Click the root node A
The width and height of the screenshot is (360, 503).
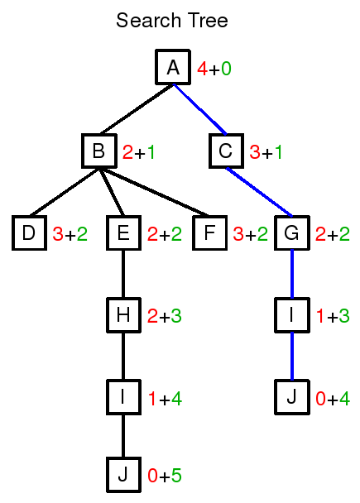tap(173, 67)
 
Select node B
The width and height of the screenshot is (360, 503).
tap(99, 151)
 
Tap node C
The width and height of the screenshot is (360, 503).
tap(226, 151)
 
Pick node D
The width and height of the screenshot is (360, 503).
tap(29, 233)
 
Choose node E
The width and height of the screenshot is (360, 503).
tap(123, 233)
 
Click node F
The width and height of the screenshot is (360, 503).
tap(210, 233)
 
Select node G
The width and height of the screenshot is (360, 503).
tap(292, 233)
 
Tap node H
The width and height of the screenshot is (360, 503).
tap(123, 315)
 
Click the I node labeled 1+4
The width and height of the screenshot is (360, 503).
tap(123, 397)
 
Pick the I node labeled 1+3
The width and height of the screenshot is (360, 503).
tap(292, 315)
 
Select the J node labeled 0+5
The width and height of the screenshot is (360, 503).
tap(123, 475)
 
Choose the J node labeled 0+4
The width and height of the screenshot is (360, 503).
tap(292, 397)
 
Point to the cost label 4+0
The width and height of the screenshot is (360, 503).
tap(214, 69)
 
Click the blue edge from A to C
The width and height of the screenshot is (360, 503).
tap(199, 109)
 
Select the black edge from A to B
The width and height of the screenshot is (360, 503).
tap(137, 109)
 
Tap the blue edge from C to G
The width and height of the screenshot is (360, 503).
tap(259, 192)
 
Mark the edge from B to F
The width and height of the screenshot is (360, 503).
tap(155, 192)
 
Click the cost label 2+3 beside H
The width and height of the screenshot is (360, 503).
tap(165, 316)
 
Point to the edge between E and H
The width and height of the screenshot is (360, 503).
tap(123, 274)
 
